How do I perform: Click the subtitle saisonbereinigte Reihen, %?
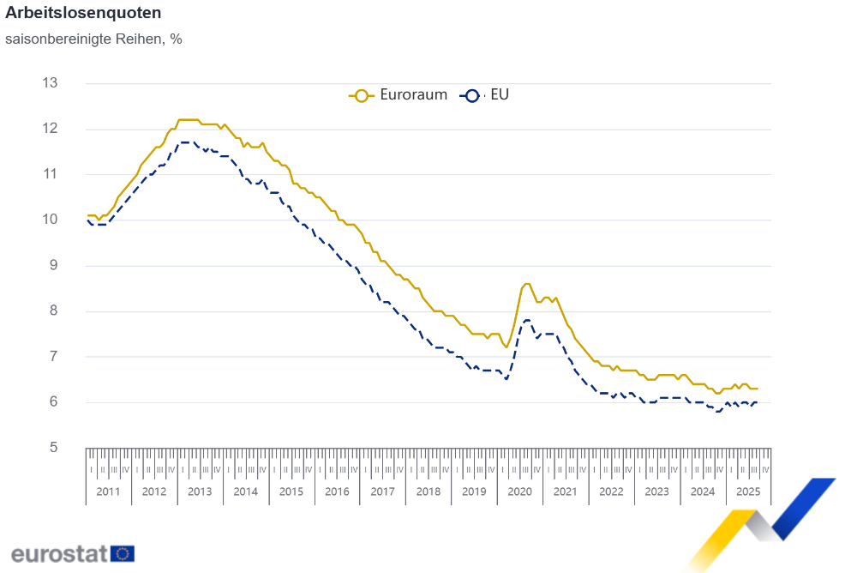pyautogui.click(x=93, y=39)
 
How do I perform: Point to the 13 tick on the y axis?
pyautogui.click(x=50, y=83)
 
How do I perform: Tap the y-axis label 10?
pyautogui.click(x=50, y=220)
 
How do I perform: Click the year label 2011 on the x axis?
pyautogui.click(x=108, y=492)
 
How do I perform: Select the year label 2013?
pyautogui.click(x=200, y=492)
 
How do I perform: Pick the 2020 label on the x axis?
pyautogui.click(x=520, y=492)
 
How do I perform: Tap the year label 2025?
pyautogui.click(x=748, y=492)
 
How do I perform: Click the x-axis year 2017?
pyautogui.click(x=382, y=492)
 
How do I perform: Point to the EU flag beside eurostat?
pyautogui.click(x=122, y=553)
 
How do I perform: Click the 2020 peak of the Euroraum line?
pyautogui.click(x=526, y=284)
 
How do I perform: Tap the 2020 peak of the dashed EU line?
pyautogui.click(x=526, y=320)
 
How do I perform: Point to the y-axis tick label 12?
pyautogui.click(x=50, y=129)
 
